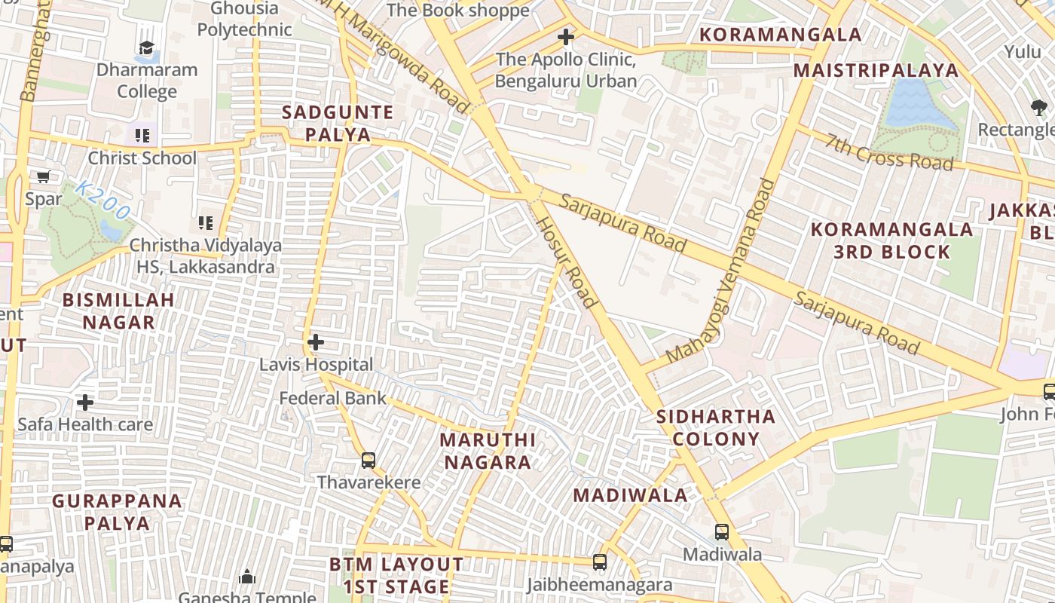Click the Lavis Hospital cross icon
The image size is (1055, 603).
(x=315, y=343)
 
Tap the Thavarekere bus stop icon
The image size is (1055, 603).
(x=368, y=460)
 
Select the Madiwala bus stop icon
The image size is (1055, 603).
(x=722, y=531)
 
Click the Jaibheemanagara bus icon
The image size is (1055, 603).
(x=600, y=562)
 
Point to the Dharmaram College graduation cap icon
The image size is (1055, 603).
(x=146, y=48)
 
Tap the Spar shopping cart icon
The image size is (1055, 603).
(x=44, y=177)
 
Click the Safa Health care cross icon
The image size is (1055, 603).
(x=85, y=402)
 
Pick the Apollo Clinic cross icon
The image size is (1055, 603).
(x=565, y=36)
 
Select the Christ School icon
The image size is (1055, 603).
(x=142, y=136)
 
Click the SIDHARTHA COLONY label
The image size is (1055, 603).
(x=716, y=427)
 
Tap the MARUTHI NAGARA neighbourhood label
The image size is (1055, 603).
(x=488, y=451)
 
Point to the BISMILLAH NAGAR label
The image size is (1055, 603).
(x=118, y=311)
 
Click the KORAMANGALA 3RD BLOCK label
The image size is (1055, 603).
(x=891, y=240)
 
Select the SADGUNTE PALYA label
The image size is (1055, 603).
(x=338, y=124)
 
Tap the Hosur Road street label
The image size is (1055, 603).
(x=567, y=263)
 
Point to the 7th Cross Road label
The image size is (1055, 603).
(x=889, y=152)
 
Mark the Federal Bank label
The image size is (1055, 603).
(x=332, y=398)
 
